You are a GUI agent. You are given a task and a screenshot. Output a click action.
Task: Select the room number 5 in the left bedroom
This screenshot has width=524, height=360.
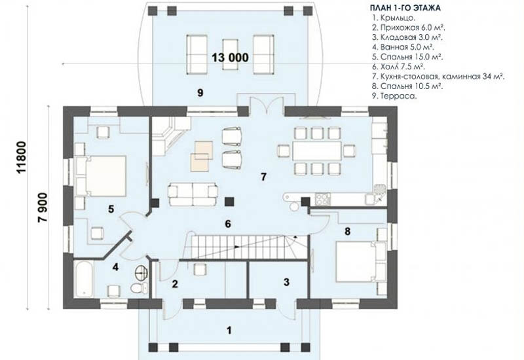click(x=111, y=209)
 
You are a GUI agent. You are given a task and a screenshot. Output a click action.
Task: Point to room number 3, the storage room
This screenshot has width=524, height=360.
click(x=286, y=283)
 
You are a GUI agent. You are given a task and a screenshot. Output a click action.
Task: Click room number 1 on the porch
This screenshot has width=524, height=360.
click(x=229, y=330)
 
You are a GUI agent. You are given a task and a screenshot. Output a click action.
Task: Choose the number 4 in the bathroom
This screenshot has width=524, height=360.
click(x=115, y=267)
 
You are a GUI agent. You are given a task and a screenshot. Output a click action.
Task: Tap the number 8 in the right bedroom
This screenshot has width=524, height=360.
click(x=346, y=230)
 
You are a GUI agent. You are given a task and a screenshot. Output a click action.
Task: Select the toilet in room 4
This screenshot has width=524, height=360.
click(x=136, y=289)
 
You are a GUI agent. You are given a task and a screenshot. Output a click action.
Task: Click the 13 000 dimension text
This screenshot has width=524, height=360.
click(x=230, y=57)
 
